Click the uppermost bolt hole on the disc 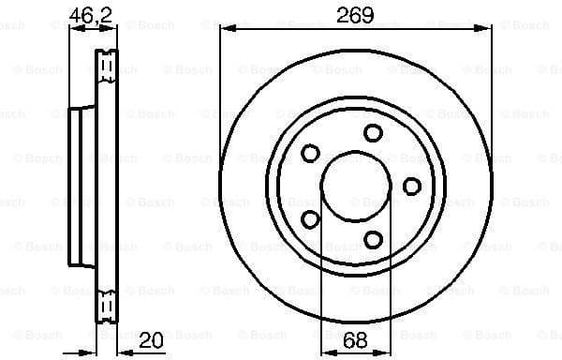pos(373,133)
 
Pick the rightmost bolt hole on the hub pos(411,186)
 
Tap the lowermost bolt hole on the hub pos(373,240)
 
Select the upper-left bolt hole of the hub pos(311,153)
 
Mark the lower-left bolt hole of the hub pos(310,219)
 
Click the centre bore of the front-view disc pos(355,186)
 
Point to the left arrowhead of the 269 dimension pos(225,30)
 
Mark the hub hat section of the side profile pos(81,186)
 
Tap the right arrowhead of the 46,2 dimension pos(115,30)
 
